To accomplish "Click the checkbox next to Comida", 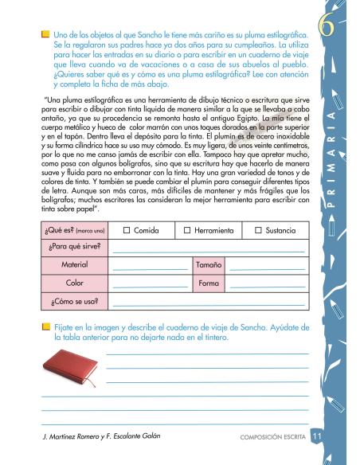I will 127,230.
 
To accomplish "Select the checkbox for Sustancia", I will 256,230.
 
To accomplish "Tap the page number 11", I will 317,437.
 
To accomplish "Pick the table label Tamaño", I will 209,263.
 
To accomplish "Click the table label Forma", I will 209,282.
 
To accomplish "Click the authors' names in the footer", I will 100,438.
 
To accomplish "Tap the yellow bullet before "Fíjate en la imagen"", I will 45,327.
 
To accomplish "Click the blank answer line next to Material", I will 150,266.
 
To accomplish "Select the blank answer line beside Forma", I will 267,285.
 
